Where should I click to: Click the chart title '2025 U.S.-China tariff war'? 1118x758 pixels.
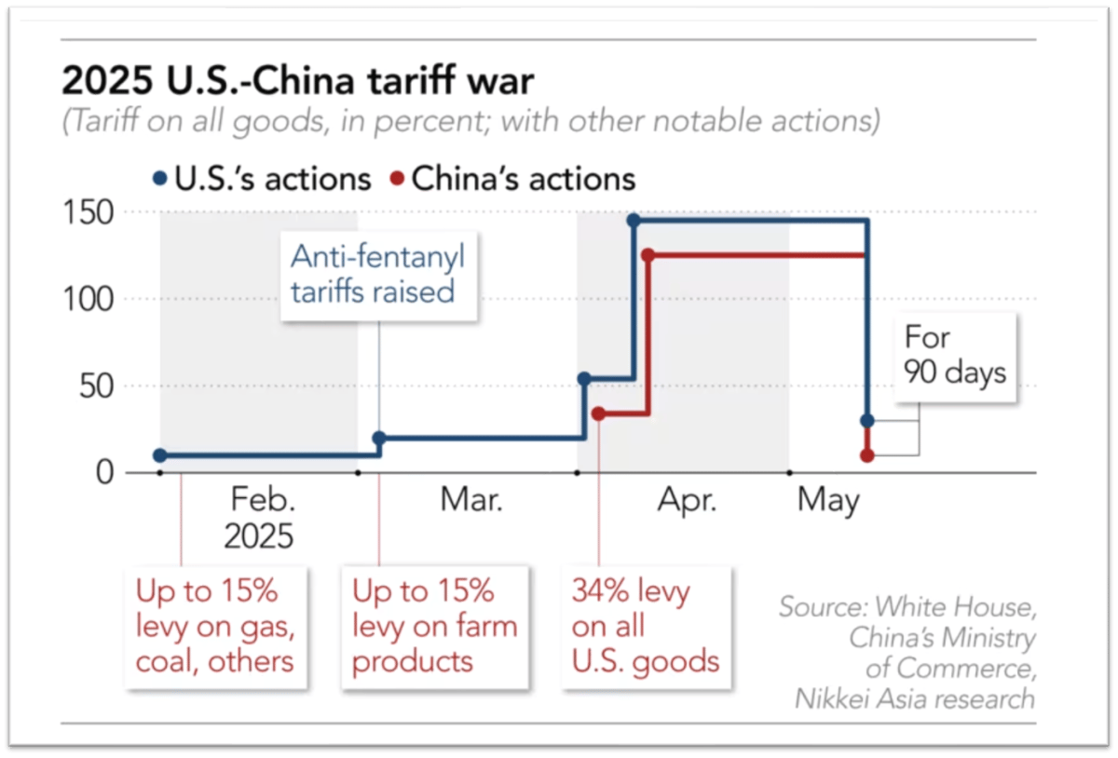tap(298, 81)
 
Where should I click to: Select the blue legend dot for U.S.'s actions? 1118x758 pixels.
tap(159, 179)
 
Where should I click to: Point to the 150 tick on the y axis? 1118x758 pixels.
tap(89, 213)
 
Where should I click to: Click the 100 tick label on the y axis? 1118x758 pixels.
tap(89, 299)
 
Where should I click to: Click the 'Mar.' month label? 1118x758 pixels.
tap(471, 502)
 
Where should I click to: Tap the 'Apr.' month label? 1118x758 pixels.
tap(688, 502)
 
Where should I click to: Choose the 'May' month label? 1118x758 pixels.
tap(828, 502)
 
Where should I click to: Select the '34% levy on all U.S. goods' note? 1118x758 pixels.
tap(646, 627)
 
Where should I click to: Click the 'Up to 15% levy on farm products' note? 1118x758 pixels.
tap(434, 627)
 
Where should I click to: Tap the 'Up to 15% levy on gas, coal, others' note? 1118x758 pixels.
tap(216, 627)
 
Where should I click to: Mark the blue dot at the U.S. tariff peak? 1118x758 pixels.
tap(634, 221)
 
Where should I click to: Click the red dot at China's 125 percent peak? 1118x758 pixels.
tap(648, 255)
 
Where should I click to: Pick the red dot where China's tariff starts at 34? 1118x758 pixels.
tap(598, 413)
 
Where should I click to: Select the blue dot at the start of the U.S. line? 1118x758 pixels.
tap(160, 455)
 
